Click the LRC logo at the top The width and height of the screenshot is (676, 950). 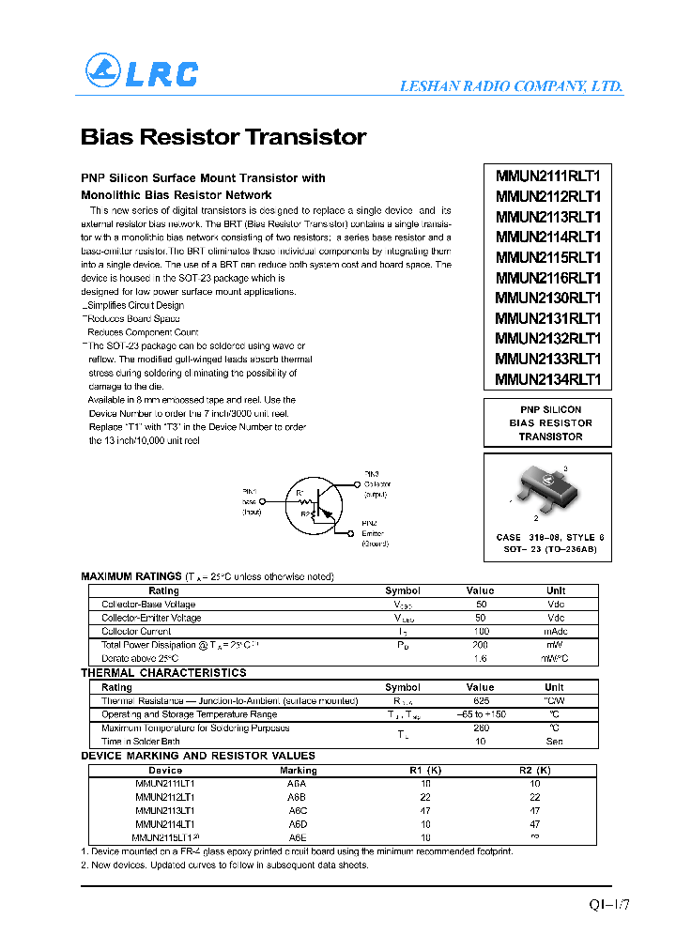pyautogui.click(x=142, y=72)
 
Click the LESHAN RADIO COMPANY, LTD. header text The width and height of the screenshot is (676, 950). pyautogui.click(x=511, y=86)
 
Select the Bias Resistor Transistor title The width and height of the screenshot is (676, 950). pyautogui.click(x=223, y=137)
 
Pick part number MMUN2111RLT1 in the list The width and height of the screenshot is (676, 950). pyautogui.click(x=548, y=176)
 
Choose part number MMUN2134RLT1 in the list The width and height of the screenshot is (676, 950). pyautogui.click(x=548, y=379)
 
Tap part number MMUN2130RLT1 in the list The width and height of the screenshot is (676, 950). pyautogui.click(x=548, y=298)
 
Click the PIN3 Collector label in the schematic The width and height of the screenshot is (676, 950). pyautogui.click(x=376, y=484)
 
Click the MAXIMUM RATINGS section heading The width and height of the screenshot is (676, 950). pyautogui.click(x=131, y=576)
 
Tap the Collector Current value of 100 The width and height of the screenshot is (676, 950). pyautogui.click(x=481, y=632)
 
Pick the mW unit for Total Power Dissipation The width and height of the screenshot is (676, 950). pyautogui.click(x=556, y=646)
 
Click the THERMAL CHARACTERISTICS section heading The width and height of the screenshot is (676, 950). pyautogui.click(x=164, y=673)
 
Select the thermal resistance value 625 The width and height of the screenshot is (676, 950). pyautogui.click(x=481, y=701)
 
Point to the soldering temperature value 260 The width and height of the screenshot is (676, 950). pyautogui.click(x=481, y=728)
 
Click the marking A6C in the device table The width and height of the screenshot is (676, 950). pyautogui.click(x=298, y=810)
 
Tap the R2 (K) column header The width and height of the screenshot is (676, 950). pyautogui.click(x=534, y=771)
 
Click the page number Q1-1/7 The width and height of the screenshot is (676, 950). pyautogui.click(x=609, y=906)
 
